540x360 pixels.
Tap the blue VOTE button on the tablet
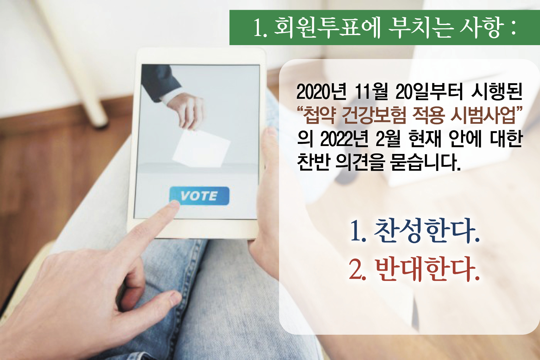(199, 196)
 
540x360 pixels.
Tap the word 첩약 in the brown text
(319, 115)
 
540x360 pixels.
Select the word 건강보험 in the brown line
(374, 115)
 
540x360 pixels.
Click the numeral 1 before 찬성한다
(356, 231)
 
